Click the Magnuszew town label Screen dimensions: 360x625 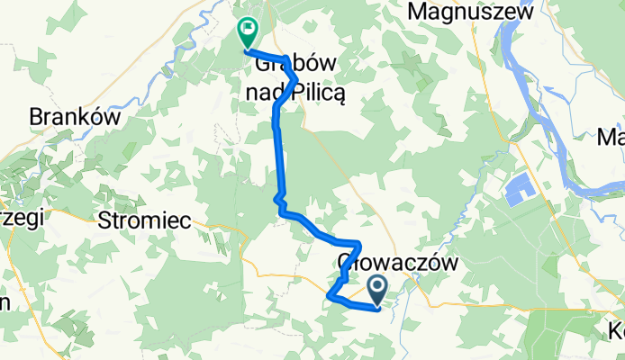pos(470,12)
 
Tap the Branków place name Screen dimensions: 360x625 pos(64,117)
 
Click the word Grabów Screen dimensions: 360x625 pos(288,66)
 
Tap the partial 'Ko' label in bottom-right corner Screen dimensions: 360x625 pos(616,331)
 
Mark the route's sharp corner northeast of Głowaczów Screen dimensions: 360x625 pos(359,244)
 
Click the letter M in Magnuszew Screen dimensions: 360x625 pos(419,12)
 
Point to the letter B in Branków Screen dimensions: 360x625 pos(35,117)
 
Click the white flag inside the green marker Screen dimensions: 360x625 pos(246,30)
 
